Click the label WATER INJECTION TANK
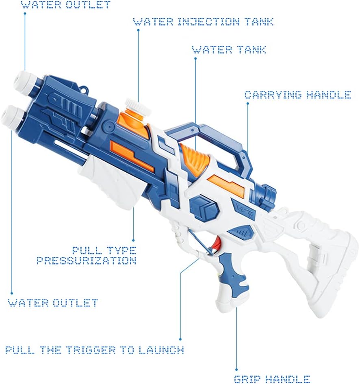point(203,22)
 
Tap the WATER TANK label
point(229,50)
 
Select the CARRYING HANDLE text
point(298,95)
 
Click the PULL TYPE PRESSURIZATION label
point(87,256)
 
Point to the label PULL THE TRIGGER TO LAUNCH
point(95,350)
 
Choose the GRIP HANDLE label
point(272,380)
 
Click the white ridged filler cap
point(138,106)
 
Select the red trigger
point(217,245)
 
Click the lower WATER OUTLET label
point(53,303)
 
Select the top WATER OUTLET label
point(66,4)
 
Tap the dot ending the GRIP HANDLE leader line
point(236,370)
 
